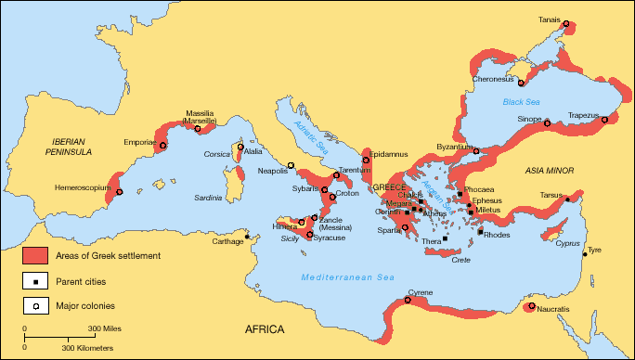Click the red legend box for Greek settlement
click(34, 255)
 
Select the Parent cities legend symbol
click(34, 279)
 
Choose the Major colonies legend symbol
click(34, 303)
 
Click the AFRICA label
click(265, 330)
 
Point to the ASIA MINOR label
click(550, 172)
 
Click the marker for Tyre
click(585, 253)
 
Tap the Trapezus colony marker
click(604, 120)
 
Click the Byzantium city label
click(456, 148)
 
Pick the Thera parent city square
click(445, 238)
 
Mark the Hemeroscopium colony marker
click(119, 192)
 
